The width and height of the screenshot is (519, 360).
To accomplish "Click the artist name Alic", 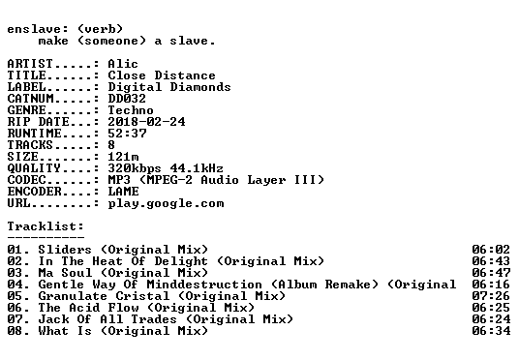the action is [x=123, y=64].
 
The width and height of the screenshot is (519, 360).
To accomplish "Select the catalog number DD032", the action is [x=127, y=99].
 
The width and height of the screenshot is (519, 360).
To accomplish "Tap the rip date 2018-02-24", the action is [x=146, y=121].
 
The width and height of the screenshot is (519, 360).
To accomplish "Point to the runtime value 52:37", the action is [x=127, y=133].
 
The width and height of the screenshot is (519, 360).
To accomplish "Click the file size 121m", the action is [x=123, y=156].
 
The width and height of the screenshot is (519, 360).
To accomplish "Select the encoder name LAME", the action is [x=123, y=192].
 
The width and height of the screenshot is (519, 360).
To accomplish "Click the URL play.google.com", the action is [x=166, y=203].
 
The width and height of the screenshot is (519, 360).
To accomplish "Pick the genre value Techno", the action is [x=131, y=110].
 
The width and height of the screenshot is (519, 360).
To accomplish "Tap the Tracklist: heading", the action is [x=46, y=226].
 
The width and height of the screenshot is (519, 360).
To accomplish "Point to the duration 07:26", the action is [x=491, y=296].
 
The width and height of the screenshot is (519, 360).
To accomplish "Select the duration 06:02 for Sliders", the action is [x=491, y=249].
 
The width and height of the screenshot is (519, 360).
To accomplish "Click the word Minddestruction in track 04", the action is [x=204, y=285].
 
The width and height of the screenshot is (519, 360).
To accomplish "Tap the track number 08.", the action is [x=15, y=331].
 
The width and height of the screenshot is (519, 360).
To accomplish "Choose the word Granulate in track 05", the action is [x=73, y=296].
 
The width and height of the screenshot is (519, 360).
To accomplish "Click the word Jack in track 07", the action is [x=53, y=319].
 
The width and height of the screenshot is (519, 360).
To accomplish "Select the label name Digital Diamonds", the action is [x=169, y=87].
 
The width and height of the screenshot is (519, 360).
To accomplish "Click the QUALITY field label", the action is [x=34, y=168].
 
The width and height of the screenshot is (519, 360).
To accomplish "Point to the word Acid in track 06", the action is [x=84, y=308].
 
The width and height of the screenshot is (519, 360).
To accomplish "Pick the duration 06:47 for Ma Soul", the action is [x=491, y=273].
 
